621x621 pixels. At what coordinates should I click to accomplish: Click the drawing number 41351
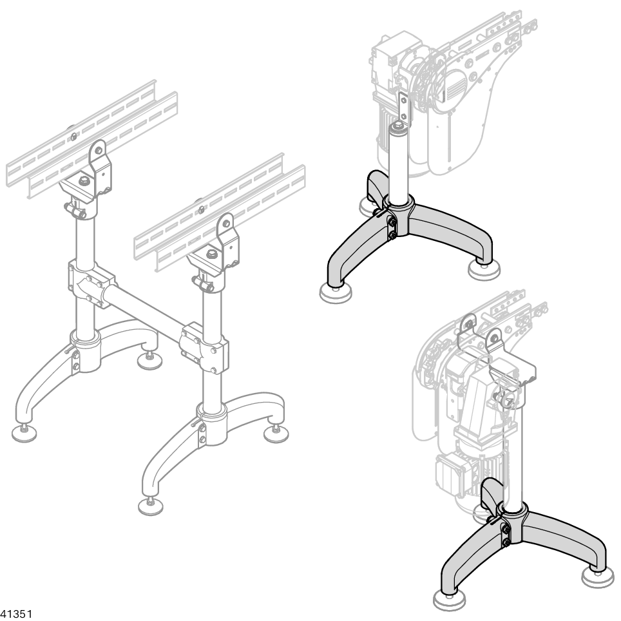click(16, 615)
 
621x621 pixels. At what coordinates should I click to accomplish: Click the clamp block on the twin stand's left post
click(91, 283)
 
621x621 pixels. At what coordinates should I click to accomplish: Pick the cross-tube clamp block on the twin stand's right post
click(204, 348)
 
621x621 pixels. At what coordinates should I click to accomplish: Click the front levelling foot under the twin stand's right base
click(151, 506)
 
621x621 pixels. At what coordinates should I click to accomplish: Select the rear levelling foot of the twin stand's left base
click(149, 358)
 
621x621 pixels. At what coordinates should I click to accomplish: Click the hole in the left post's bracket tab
click(97, 149)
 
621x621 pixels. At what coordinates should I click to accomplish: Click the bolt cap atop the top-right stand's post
click(397, 127)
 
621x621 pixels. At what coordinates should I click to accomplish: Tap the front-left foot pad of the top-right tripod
click(336, 293)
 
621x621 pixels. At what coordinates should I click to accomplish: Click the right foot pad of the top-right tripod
click(484, 271)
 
